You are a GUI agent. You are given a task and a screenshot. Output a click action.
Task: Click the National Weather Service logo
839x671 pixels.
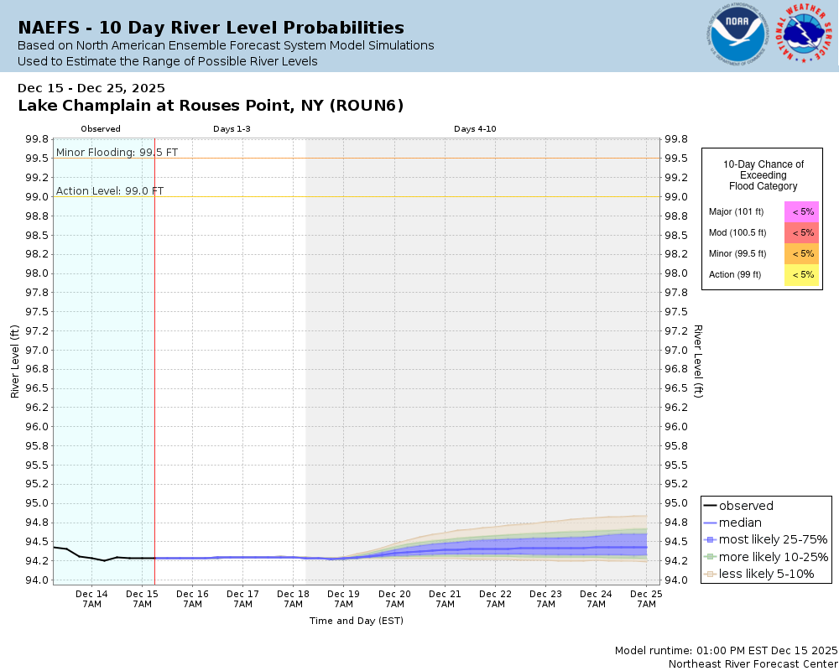[806, 35]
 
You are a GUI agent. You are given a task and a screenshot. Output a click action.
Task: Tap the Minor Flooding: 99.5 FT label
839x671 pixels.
[117, 152]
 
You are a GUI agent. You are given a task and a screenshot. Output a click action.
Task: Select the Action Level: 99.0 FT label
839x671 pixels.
[110, 190]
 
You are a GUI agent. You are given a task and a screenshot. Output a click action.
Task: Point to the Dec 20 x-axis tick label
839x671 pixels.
[394, 599]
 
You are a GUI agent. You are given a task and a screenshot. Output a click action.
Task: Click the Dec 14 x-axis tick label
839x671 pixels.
[91, 599]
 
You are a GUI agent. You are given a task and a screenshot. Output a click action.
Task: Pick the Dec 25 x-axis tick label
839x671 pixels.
[646, 599]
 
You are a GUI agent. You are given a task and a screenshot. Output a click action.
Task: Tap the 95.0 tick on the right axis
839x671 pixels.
[675, 503]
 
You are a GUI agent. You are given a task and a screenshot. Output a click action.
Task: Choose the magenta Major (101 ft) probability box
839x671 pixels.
[802, 211]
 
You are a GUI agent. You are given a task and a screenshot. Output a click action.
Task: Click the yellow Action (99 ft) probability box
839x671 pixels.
[802, 274]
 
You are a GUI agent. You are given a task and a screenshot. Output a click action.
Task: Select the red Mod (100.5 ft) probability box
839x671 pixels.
[802, 232]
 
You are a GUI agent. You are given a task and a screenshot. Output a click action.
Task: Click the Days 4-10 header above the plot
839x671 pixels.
[476, 129]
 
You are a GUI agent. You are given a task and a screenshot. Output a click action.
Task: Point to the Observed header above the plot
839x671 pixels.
[101, 129]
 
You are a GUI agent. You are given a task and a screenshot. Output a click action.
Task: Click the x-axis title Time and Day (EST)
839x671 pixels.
[356, 621]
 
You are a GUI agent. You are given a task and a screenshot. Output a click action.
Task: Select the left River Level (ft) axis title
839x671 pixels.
[15, 362]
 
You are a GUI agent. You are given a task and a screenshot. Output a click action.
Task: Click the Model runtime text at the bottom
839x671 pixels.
[726, 650]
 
